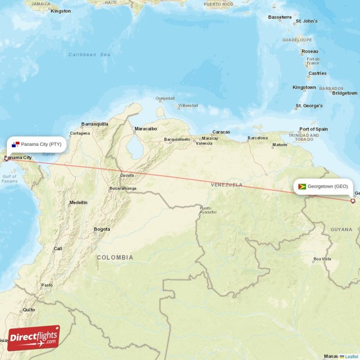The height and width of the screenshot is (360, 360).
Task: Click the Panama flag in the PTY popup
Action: click(x=16, y=144)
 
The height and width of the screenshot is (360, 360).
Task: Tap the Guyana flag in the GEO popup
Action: click(x=302, y=186)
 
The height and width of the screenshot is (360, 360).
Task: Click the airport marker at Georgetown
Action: click(x=353, y=201)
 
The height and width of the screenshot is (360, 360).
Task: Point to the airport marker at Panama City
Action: click(x=6, y=159)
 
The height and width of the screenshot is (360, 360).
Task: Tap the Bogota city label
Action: click(x=102, y=229)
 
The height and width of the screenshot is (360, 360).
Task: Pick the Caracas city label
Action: click(x=221, y=132)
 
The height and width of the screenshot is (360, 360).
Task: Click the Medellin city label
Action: click(x=78, y=202)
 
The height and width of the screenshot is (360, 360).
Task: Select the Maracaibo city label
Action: click(x=146, y=129)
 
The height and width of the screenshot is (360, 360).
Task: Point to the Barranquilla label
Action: click(x=94, y=124)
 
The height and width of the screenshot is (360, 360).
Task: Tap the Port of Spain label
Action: click(x=314, y=129)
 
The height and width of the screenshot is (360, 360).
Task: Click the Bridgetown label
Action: click(x=345, y=93)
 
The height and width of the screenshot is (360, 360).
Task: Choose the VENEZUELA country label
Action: click(x=227, y=185)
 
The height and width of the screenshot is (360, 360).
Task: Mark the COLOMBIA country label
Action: click(x=115, y=257)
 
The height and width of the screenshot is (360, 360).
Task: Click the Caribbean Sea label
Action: click(x=89, y=54)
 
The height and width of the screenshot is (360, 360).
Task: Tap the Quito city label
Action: click(x=29, y=310)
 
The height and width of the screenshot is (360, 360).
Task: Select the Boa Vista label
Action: click(x=322, y=259)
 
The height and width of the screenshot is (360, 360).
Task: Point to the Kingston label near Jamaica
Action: click(x=61, y=11)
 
